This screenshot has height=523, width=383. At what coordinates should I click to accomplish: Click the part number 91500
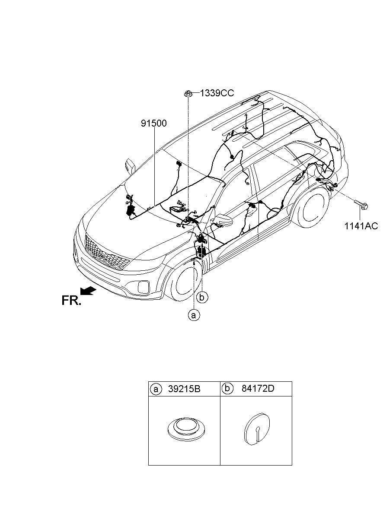pos(153,124)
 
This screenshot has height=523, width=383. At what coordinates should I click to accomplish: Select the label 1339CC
pos(217,93)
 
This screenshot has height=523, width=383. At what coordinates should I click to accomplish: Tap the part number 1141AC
pos(361,225)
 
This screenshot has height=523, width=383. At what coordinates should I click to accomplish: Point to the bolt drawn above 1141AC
pos(361,205)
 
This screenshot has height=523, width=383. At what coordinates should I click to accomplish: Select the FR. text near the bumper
pos(71,301)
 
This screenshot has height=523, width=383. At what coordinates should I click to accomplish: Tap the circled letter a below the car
pos(193,315)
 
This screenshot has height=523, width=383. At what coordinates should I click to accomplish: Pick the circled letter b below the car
pos(202,297)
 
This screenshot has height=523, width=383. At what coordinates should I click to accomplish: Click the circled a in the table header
pos(155,389)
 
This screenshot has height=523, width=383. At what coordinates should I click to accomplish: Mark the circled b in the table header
pos(227,388)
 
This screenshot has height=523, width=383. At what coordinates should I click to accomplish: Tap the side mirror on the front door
pos(224,219)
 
